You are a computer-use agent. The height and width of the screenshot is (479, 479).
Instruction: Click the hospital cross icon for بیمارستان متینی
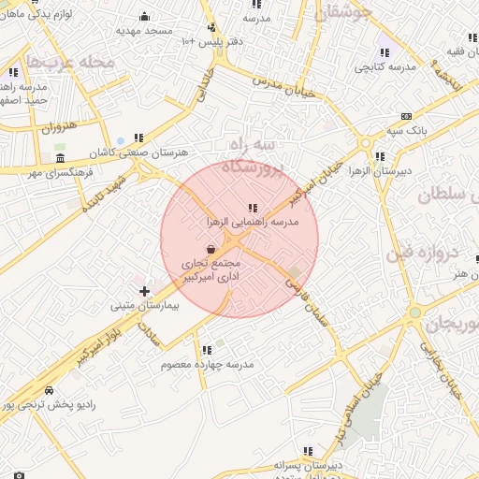(x=144, y=292)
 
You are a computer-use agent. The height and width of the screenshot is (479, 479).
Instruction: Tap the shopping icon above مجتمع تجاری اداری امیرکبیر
(x=210, y=250)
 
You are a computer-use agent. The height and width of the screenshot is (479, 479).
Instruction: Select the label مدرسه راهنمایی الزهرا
(x=253, y=222)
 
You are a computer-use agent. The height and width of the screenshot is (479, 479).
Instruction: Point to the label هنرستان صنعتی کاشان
(x=145, y=152)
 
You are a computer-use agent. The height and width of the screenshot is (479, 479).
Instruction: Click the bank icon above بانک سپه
(x=405, y=116)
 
